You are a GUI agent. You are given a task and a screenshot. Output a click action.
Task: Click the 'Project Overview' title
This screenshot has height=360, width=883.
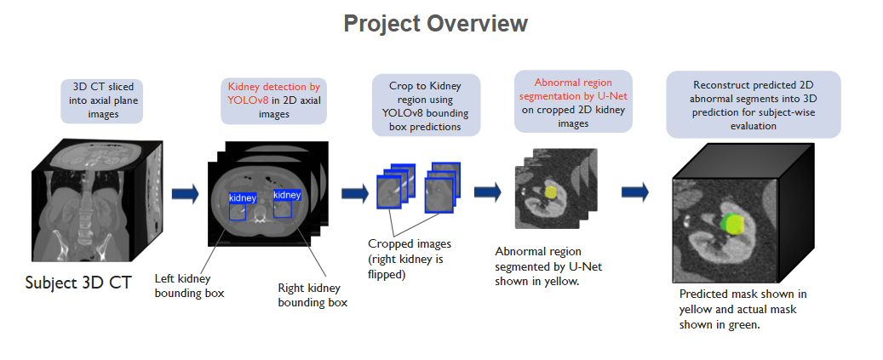point(435,23)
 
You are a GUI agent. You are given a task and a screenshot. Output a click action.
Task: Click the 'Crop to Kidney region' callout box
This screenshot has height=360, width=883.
point(427,103)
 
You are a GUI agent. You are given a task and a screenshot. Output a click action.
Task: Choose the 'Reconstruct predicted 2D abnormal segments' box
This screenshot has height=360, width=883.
point(753,105)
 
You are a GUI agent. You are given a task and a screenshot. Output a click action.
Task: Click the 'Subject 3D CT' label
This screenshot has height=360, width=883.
point(78,283)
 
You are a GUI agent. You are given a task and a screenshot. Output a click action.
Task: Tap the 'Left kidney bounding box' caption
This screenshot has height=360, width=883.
point(189,286)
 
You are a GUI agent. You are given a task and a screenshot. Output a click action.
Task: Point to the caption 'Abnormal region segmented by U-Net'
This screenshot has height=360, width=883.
point(538,266)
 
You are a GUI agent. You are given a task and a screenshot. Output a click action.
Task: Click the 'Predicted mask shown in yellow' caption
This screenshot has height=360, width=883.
point(743,309)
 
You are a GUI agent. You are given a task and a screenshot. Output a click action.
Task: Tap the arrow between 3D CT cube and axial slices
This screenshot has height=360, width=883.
point(185,194)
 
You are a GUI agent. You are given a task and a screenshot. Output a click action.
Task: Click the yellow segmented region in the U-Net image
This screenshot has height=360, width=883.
point(551,193)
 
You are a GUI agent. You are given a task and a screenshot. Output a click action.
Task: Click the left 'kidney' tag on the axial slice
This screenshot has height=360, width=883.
point(242,197)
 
